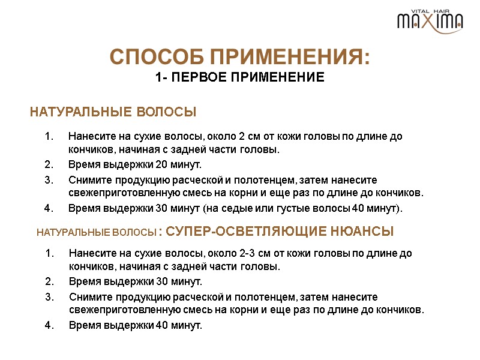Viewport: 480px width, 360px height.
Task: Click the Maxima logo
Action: click(430, 21)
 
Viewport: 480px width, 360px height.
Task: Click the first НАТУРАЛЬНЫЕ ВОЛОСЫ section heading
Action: click(113, 112)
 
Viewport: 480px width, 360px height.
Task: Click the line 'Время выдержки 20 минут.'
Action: click(135, 165)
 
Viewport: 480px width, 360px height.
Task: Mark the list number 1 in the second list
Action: click(49, 253)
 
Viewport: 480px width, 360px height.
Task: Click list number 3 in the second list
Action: click(49, 297)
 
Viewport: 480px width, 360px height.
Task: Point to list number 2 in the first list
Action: click(49, 165)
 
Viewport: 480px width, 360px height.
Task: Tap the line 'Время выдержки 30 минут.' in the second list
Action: click(135, 282)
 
